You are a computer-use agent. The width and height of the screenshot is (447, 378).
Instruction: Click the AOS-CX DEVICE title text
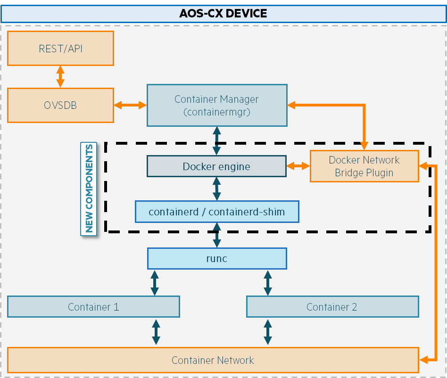(x=223, y=13)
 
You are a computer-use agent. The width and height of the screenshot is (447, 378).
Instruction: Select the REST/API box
(x=60, y=49)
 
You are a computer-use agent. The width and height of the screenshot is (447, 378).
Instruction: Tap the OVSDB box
(x=60, y=105)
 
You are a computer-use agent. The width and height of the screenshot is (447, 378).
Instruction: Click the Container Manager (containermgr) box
(x=217, y=105)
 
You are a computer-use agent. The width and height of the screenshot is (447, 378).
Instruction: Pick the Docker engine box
(x=216, y=166)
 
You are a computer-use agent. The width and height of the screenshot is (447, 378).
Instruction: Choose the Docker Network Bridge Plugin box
(x=364, y=166)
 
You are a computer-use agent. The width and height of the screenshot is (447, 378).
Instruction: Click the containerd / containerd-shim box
(x=217, y=212)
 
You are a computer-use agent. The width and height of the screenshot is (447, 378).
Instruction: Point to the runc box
(x=217, y=258)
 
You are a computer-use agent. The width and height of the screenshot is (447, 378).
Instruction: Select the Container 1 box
(x=93, y=307)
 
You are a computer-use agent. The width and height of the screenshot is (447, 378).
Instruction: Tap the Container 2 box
(x=332, y=307)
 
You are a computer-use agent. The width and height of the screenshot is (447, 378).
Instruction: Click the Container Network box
(x=213, y=361)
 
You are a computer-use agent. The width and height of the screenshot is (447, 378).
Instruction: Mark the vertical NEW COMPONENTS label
(x=89, y=189)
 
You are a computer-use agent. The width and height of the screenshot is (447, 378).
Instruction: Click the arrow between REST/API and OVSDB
(x=60, y=76)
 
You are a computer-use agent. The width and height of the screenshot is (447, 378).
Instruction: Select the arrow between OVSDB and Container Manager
(x=130, y=105)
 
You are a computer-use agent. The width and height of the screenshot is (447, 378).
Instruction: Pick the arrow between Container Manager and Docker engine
(x=216, y=141)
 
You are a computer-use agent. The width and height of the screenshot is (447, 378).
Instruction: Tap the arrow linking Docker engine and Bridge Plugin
(x=298, y=166)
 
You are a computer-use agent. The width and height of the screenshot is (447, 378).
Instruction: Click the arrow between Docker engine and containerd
(x=216, y=189)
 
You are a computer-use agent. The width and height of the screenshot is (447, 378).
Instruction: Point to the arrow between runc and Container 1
(x=155, y=282)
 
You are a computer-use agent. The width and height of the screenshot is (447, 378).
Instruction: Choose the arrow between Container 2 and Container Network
(x=268, y=332)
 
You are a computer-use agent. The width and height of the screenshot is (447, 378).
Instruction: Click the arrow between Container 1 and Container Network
(x=156, y=332)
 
